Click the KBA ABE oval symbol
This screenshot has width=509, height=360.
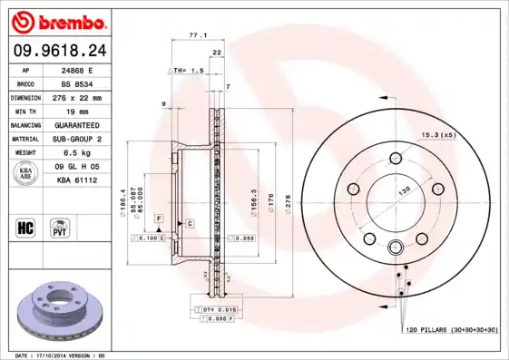26,174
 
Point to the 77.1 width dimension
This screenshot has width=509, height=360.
197,35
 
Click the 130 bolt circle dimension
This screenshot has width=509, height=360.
404,189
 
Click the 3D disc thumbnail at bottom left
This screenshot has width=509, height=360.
61,311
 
